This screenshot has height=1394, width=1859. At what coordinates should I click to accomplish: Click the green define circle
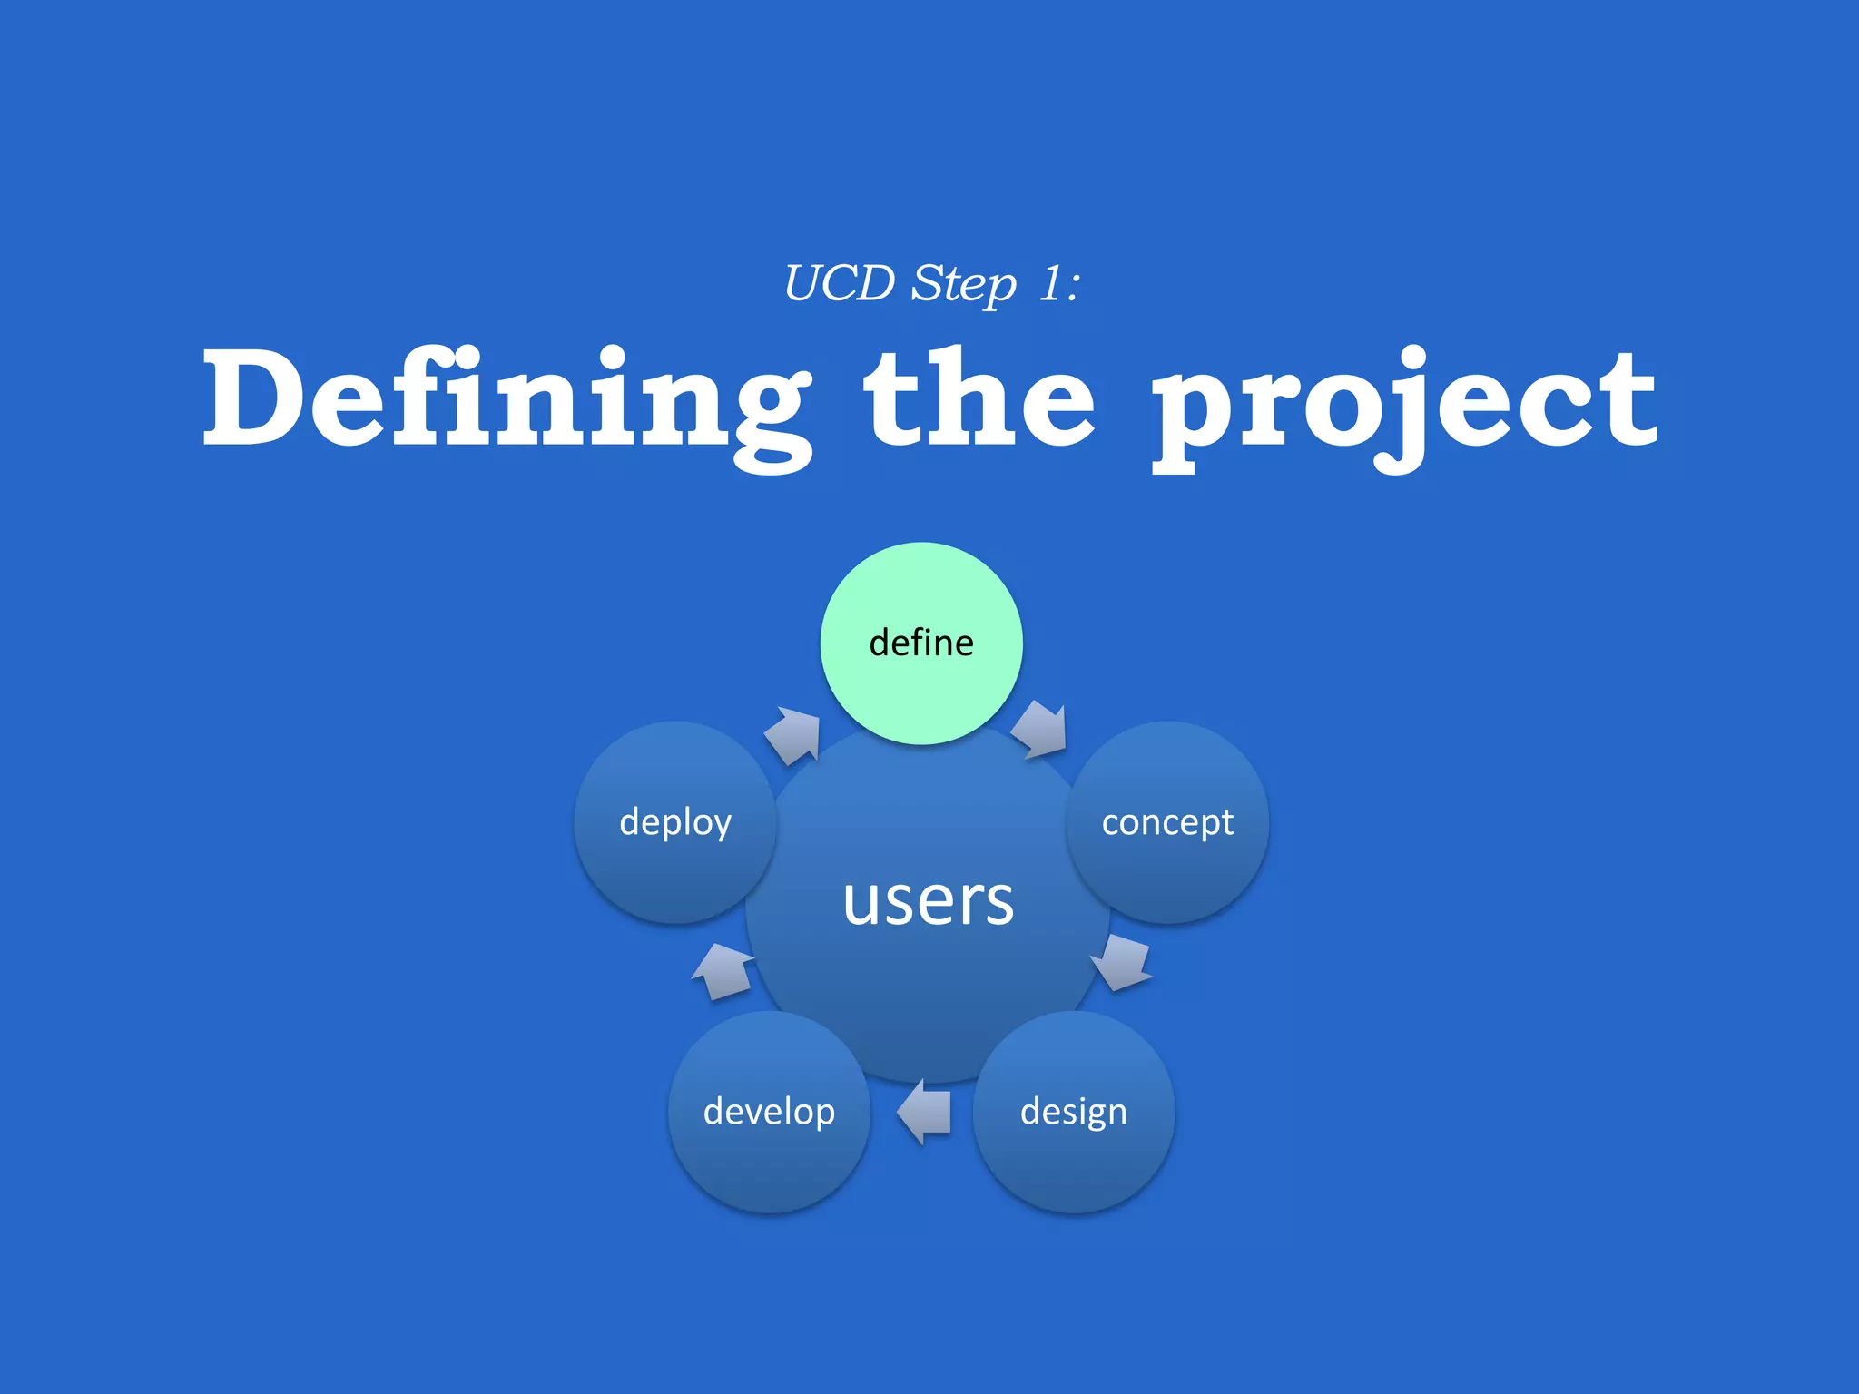pyautogui.click(x=921, y=643)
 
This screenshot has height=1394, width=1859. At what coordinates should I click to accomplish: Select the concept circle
pyautogui.click(x=1167, y=822)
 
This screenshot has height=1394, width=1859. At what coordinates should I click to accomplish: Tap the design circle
pyautogui.click(x=1074, y=1112)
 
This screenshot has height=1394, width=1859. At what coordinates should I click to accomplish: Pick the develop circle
pyautogui.click(x=769, y=1112)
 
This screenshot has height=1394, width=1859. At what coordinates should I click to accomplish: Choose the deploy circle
pyautogui.click(x=675, y=822)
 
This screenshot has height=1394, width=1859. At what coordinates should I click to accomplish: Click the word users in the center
pyautogui.click(x=928, y=901)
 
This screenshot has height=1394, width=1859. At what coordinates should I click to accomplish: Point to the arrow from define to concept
pyautogui.click(x=1040, y=729)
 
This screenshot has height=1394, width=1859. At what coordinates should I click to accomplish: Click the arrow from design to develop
pyautogui.click(x=924, y=1112)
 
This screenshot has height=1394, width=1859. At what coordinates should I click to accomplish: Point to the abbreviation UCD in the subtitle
pyautogui.click(x=839, y=283)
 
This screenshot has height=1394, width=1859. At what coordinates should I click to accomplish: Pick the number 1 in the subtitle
pyautogui.click(x=1050, y=283)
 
